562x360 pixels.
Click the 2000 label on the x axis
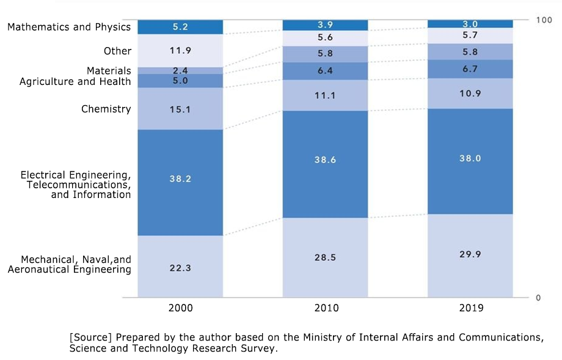click(180, 308)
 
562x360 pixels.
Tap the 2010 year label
click(325, 308)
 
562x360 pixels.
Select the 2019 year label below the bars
click(470, 308)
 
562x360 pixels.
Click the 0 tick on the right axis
click(538, 298)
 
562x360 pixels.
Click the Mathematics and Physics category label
click(69, 27)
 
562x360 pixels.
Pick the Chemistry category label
click(106, 109)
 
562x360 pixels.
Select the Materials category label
click(109, 71)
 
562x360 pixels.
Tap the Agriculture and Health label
click(75, 81)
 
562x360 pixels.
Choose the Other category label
click(117, 51)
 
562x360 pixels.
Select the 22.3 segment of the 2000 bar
click(180, 266)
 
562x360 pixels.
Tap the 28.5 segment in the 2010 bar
click(325, 257)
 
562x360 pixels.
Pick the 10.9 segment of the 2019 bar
click(470, 94)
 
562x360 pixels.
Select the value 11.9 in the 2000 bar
click(180, 51)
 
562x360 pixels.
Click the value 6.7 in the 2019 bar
click(470, 69)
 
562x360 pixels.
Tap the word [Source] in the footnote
click(90, 337)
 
